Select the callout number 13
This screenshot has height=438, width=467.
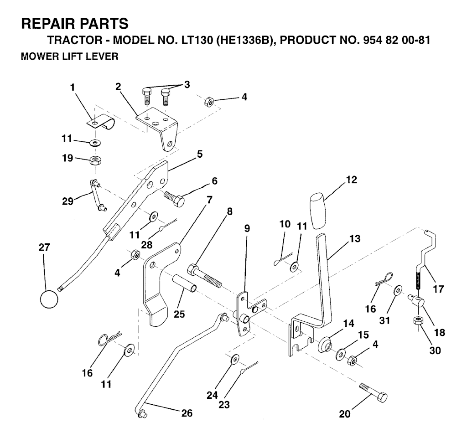(354, 238)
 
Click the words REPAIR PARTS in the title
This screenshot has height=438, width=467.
(75, 23)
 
